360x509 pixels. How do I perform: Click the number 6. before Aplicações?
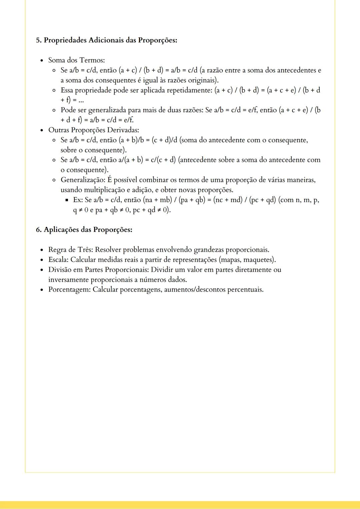tap(39, 230)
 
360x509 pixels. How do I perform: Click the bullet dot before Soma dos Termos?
tap(42, 61)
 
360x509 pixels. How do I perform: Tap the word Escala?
tap(58, 260)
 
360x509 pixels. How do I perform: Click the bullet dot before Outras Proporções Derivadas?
tap(42, 130)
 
